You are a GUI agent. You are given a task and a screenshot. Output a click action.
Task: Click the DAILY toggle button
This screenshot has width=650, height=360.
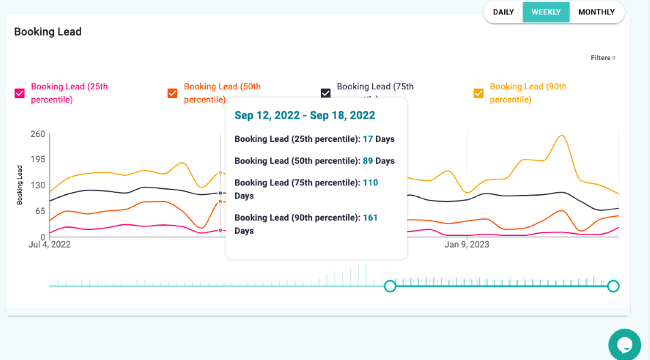[503, 12]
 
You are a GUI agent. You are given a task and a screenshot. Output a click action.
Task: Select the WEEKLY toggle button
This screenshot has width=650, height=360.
[546, 12]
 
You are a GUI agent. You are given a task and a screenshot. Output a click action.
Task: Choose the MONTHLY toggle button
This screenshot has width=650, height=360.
[596, 12]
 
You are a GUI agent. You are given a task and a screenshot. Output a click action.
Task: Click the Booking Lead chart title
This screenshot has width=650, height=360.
[48, 32]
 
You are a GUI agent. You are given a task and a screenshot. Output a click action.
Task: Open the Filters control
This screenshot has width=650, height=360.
[603, 58]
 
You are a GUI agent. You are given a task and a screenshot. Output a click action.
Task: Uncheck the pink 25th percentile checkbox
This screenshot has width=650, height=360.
[20, 93]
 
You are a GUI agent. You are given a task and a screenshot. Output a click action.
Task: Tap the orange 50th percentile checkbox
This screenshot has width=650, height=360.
[172, 93]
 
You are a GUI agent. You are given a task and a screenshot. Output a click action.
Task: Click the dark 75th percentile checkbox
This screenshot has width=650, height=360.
[326, 93]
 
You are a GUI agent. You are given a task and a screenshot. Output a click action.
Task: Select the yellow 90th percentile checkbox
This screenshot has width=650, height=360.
[478, 93]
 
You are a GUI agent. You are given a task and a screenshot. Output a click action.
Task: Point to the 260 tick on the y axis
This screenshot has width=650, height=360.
[37, 134]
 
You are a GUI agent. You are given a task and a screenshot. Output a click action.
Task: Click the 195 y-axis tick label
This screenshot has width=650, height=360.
[37, 160]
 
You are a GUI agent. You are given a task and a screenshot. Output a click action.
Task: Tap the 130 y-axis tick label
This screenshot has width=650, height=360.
[37, 185]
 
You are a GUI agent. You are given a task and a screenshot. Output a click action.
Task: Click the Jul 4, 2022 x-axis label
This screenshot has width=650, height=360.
[49, 244]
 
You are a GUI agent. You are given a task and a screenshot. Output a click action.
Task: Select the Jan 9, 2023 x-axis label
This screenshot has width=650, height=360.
[467, 244]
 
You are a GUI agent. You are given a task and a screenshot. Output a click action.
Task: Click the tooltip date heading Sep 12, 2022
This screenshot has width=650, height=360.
[305, 115]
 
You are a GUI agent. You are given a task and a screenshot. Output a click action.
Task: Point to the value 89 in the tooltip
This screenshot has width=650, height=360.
[368, 161]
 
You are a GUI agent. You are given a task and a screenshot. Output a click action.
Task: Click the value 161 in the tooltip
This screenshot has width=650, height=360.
[369, 218]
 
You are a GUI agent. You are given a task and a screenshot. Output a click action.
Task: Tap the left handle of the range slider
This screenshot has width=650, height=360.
[390, 286]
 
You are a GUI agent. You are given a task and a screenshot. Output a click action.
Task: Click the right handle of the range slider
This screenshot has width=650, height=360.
[613, 286]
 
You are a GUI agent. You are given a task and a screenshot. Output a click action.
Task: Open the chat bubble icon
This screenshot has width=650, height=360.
[624, 344]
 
